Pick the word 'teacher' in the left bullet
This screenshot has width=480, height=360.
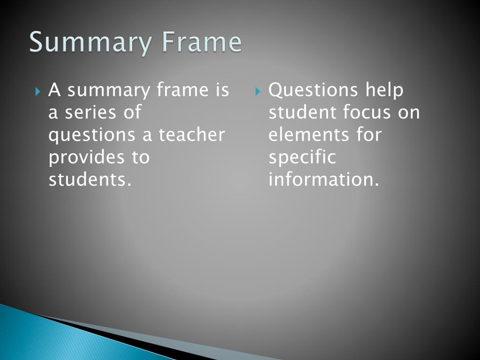coord(191,135)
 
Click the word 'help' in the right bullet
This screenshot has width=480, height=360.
coord(384,90)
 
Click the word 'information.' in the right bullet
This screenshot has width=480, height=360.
coord(323,180)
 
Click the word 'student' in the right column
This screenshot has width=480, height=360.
coord(302,112)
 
